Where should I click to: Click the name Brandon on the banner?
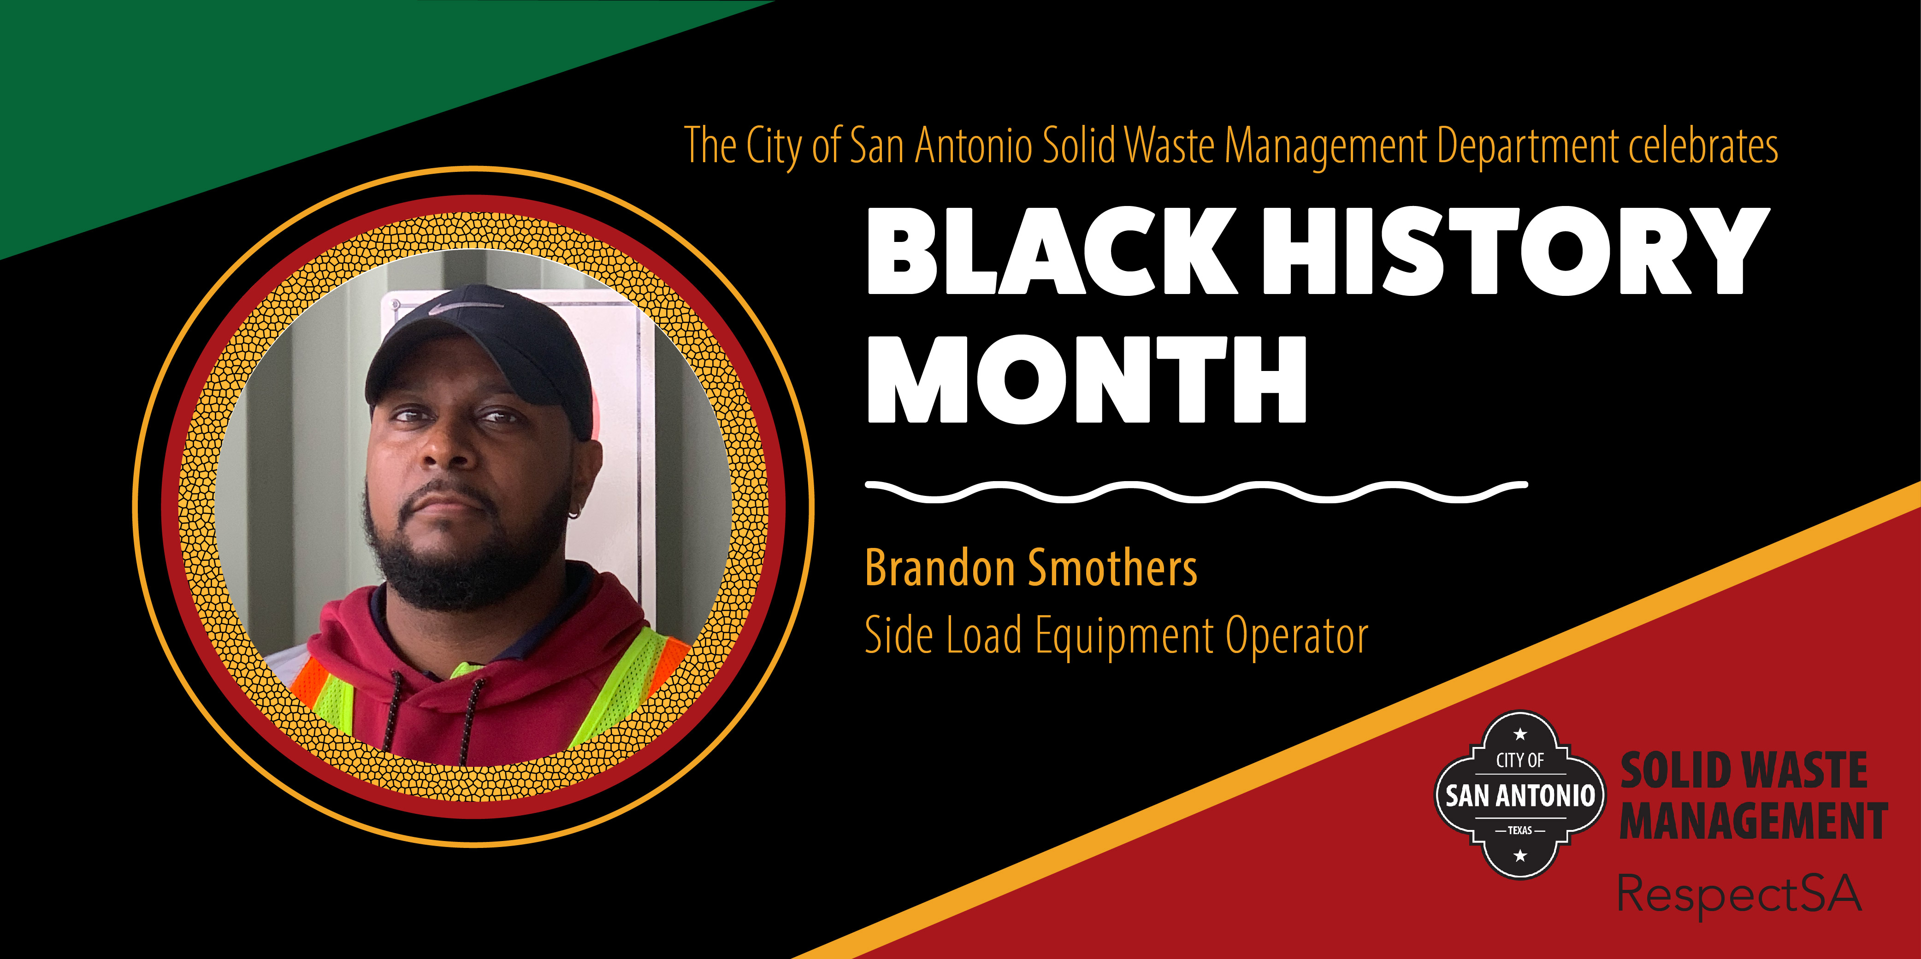coord(939,568)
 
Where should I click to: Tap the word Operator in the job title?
coord(1297,636)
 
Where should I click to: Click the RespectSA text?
coord(1740,894)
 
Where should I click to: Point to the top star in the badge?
coord(1520,735)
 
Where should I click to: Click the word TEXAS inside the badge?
coord(1520,830)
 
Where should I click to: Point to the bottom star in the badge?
coord(1520,855)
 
